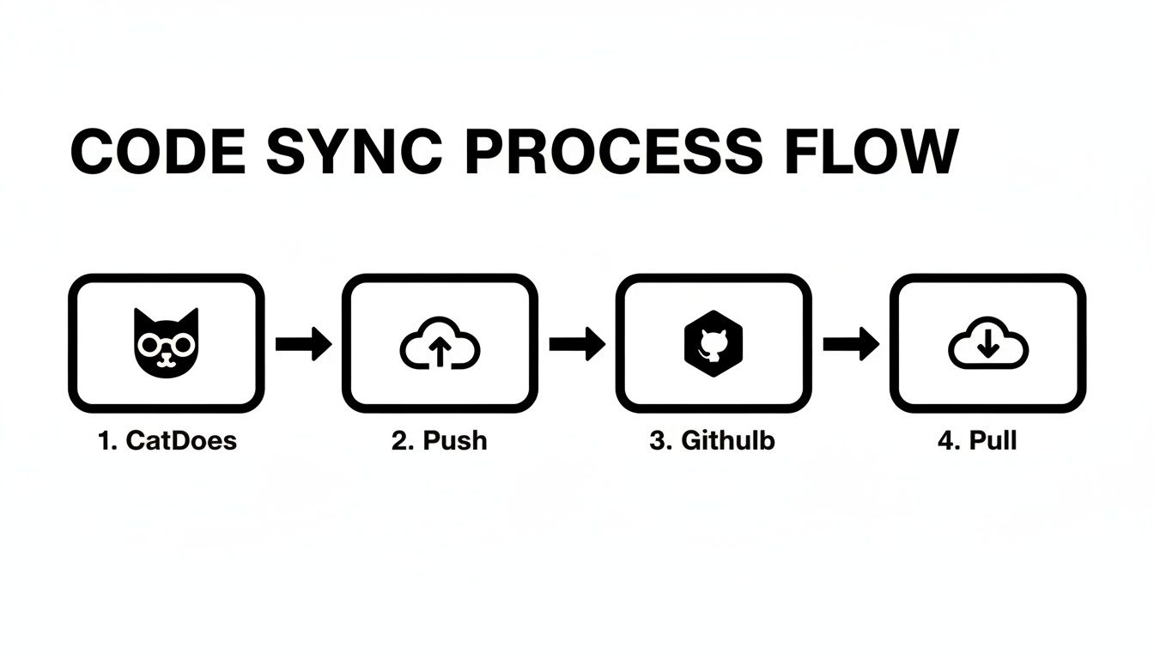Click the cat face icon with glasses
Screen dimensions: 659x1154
point(166,342)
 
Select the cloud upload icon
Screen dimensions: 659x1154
point(440,345)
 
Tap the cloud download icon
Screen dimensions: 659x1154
point(987,344)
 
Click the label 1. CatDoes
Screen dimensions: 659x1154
point(167,441)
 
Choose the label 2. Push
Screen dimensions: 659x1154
point(439,441)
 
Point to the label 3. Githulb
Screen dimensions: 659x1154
point(712,441)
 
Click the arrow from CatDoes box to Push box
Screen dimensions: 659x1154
point(303,344)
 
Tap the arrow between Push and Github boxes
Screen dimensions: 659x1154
point(577,344)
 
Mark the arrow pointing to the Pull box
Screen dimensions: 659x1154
point(851,344)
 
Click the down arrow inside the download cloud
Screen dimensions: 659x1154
point(987,343)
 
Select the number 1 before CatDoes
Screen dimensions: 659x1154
point(105,441)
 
